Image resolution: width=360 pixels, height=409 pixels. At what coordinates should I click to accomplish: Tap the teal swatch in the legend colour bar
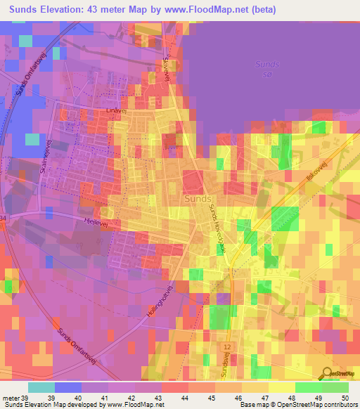click(41, 388)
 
